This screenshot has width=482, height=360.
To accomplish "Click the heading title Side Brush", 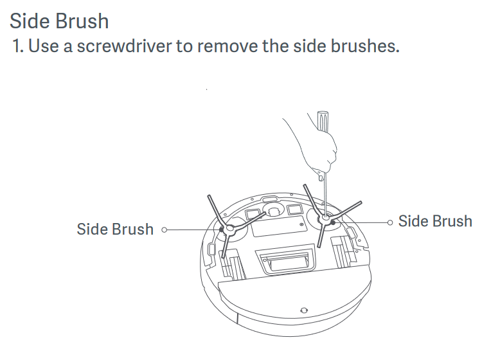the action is [59, 21].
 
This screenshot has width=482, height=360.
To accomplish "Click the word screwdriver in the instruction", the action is [124, 46].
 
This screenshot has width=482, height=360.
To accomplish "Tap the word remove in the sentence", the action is [228, 46].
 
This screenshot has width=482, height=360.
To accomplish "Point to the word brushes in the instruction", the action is [365, 46].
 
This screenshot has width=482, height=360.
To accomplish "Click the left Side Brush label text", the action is [115, 229].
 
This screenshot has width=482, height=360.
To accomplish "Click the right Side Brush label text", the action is [435, 221].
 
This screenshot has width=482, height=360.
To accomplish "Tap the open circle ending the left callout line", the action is [164, 230].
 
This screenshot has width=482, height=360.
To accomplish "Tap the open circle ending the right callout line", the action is [390, 222].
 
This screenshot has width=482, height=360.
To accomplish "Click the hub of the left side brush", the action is [229, 230].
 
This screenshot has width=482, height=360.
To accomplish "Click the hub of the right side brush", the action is [325, 219].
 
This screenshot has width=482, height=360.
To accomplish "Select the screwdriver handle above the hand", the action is [323, 122].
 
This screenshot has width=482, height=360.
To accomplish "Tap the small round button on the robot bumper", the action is [304, 310].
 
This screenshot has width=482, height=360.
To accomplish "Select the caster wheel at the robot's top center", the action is [273, 211].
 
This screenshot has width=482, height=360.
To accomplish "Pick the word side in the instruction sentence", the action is [310, 46].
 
